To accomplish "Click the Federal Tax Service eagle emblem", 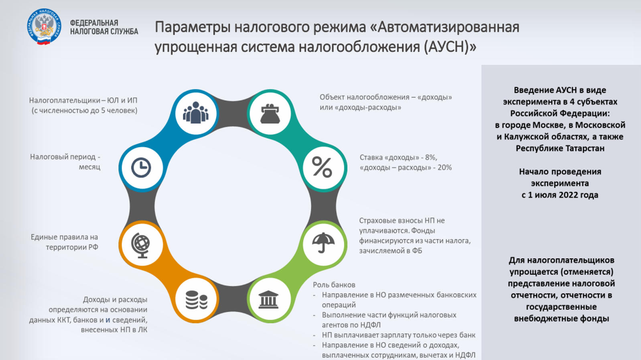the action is click(x=44, y=26).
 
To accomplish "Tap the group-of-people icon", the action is click(x=196, y=112).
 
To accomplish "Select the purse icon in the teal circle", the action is click(x=270, y=114).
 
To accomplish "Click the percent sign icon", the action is click(x=322, y=167).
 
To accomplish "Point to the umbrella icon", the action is click(x=323, y=242).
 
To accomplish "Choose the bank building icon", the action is click(x=268, y=299).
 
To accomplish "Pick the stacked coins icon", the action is click(x=196, y=300).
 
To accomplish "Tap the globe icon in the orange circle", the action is click(x=140, y=245).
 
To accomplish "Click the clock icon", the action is click(x=141, y=167).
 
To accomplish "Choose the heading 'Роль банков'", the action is click(x=334, y=285).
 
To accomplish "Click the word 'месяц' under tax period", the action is click(x=89, y=167).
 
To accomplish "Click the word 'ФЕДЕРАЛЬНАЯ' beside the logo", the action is click(x=94, y=23).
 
